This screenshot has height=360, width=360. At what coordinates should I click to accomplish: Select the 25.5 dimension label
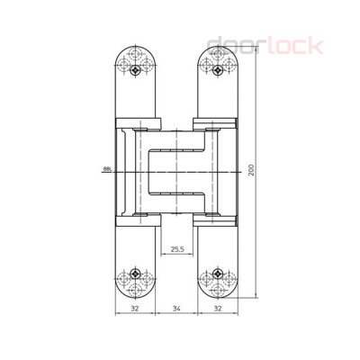click(176, 249)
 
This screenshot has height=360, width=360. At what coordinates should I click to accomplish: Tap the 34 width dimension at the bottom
click(175, 308)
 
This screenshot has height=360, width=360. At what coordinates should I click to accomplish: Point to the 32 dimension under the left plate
click(134, 308)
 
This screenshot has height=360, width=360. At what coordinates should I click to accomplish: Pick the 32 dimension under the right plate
click(217, 308)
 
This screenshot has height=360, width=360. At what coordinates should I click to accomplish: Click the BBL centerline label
click(107, 168)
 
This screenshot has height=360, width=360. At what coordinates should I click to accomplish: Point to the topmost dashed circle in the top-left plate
click(135, 56)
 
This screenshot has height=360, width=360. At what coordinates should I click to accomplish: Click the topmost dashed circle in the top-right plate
click(217, 56)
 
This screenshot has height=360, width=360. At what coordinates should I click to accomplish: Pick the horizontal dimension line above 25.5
click(176, 256)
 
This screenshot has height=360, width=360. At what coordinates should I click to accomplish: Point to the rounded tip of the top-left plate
click(135, 42)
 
